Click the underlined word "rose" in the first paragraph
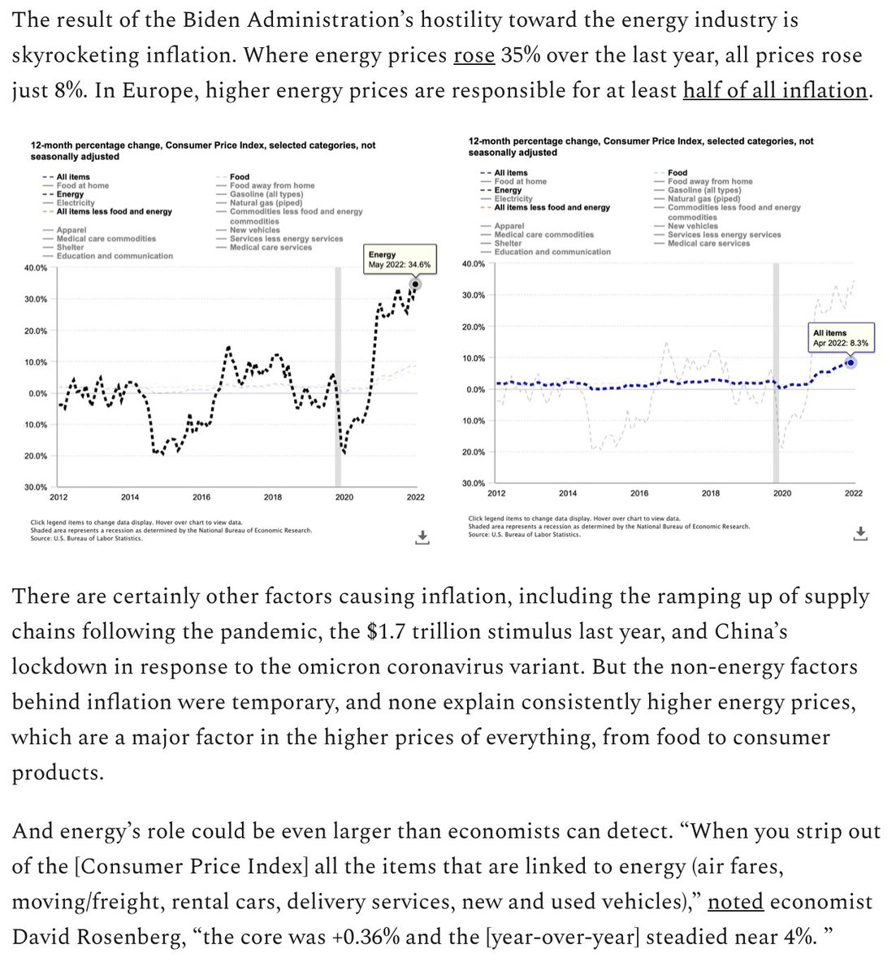pyautogui.click(x=474, y=56)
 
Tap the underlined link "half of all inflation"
pyautogui.click(x=775, y=90)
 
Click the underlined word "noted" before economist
pyautogui.click(x=735, y=902)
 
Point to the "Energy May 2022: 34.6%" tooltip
pyautogui.click(x=400, y=260)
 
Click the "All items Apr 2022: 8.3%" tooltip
pyautogui.click(x=840, y=338)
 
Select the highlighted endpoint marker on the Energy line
pyautogui.click(x=415, y=284)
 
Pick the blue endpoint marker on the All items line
pyautogui.click(x=851, y=362)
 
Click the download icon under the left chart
pyautogui.click(x=422, y=536)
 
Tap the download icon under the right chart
pyautogui.click(x=861, y=533)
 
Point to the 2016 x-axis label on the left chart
pyautogui.click(x=201, y=497)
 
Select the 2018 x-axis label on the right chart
pyautogui.click(x=711, y=493)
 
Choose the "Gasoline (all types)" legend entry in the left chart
pyautogui.click(x=266, y=194)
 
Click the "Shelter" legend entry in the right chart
pyautogui.click(x=509, y=243)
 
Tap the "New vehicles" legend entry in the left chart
pyautogui.click(x=255, y=230)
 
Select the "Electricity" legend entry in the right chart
pyautogui.click(x=513, y=198)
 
